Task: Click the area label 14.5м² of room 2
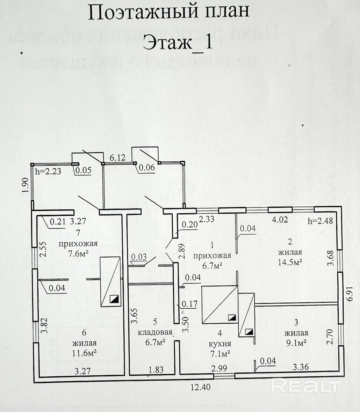point(290,262)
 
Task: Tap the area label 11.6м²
point(84,353)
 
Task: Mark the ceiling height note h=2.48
point(320,221)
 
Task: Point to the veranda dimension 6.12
point(118,158)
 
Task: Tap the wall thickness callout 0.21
point(58,221)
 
